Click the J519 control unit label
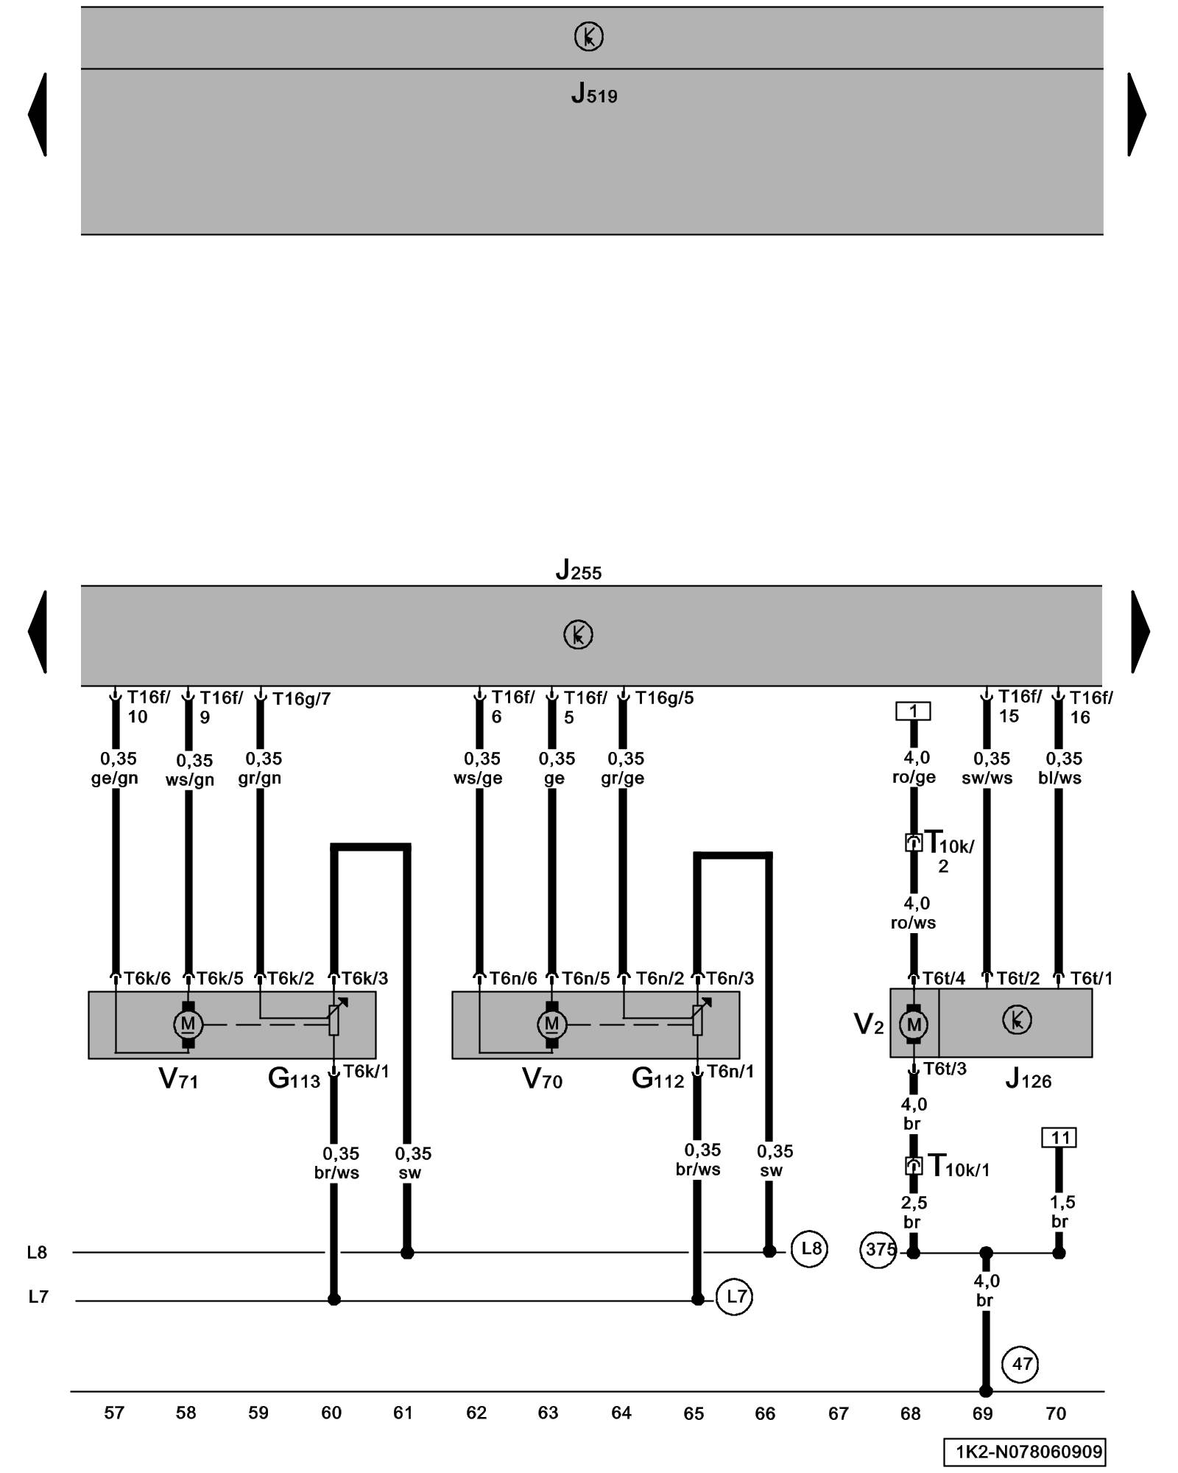click(x=593, y=94)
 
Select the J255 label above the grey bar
click(x=578, y=570)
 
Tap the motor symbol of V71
click(x=188, y=1024)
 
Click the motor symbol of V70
click(x=551, y=1024)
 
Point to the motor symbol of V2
click(x=914, y=1024)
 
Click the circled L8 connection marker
click(x=810, y=1248)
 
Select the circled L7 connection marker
click(x=735, y=1297)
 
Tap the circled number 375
click(x=878, y=1250)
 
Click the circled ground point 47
click(x=1020, y=1364)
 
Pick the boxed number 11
click(x=1059, y=1138)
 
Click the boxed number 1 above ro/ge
click(x=913, y=711)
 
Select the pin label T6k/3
click(x=364, y=978)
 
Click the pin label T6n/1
click(x=730, y=1072)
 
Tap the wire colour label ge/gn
click(x=114, y=778)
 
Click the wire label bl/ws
click(x=1059, y=778)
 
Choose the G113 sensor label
click(x=294, y=1080)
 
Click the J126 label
click(x=1028, y=1080)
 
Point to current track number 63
click(x=548, y=1413)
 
